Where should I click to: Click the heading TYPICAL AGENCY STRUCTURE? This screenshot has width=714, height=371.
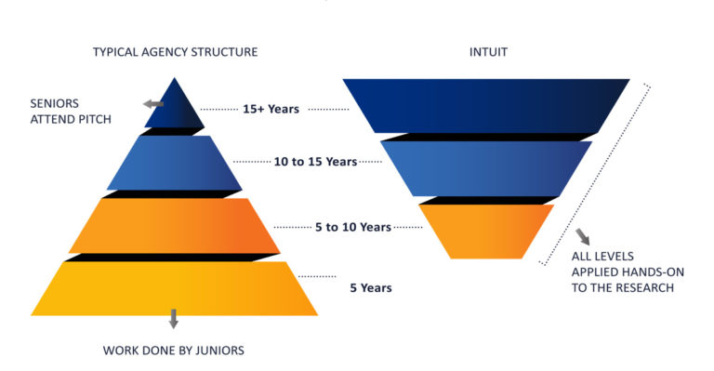point(175,52)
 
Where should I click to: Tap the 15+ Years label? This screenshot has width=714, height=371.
point(271,109)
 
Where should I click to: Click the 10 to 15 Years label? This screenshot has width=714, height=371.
point(315,162)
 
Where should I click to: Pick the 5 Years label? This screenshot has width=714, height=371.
point(370,288)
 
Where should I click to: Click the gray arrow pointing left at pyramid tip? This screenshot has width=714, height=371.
point(153,104)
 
